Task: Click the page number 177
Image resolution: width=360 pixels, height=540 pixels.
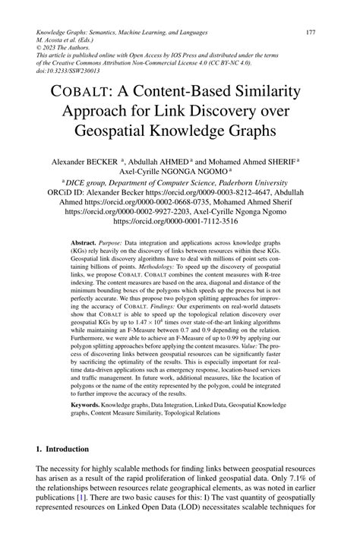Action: coord(310,33)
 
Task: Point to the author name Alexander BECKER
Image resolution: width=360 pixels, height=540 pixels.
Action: coord(84,163)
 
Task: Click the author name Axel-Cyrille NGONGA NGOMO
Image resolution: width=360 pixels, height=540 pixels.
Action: coord(182,172)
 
